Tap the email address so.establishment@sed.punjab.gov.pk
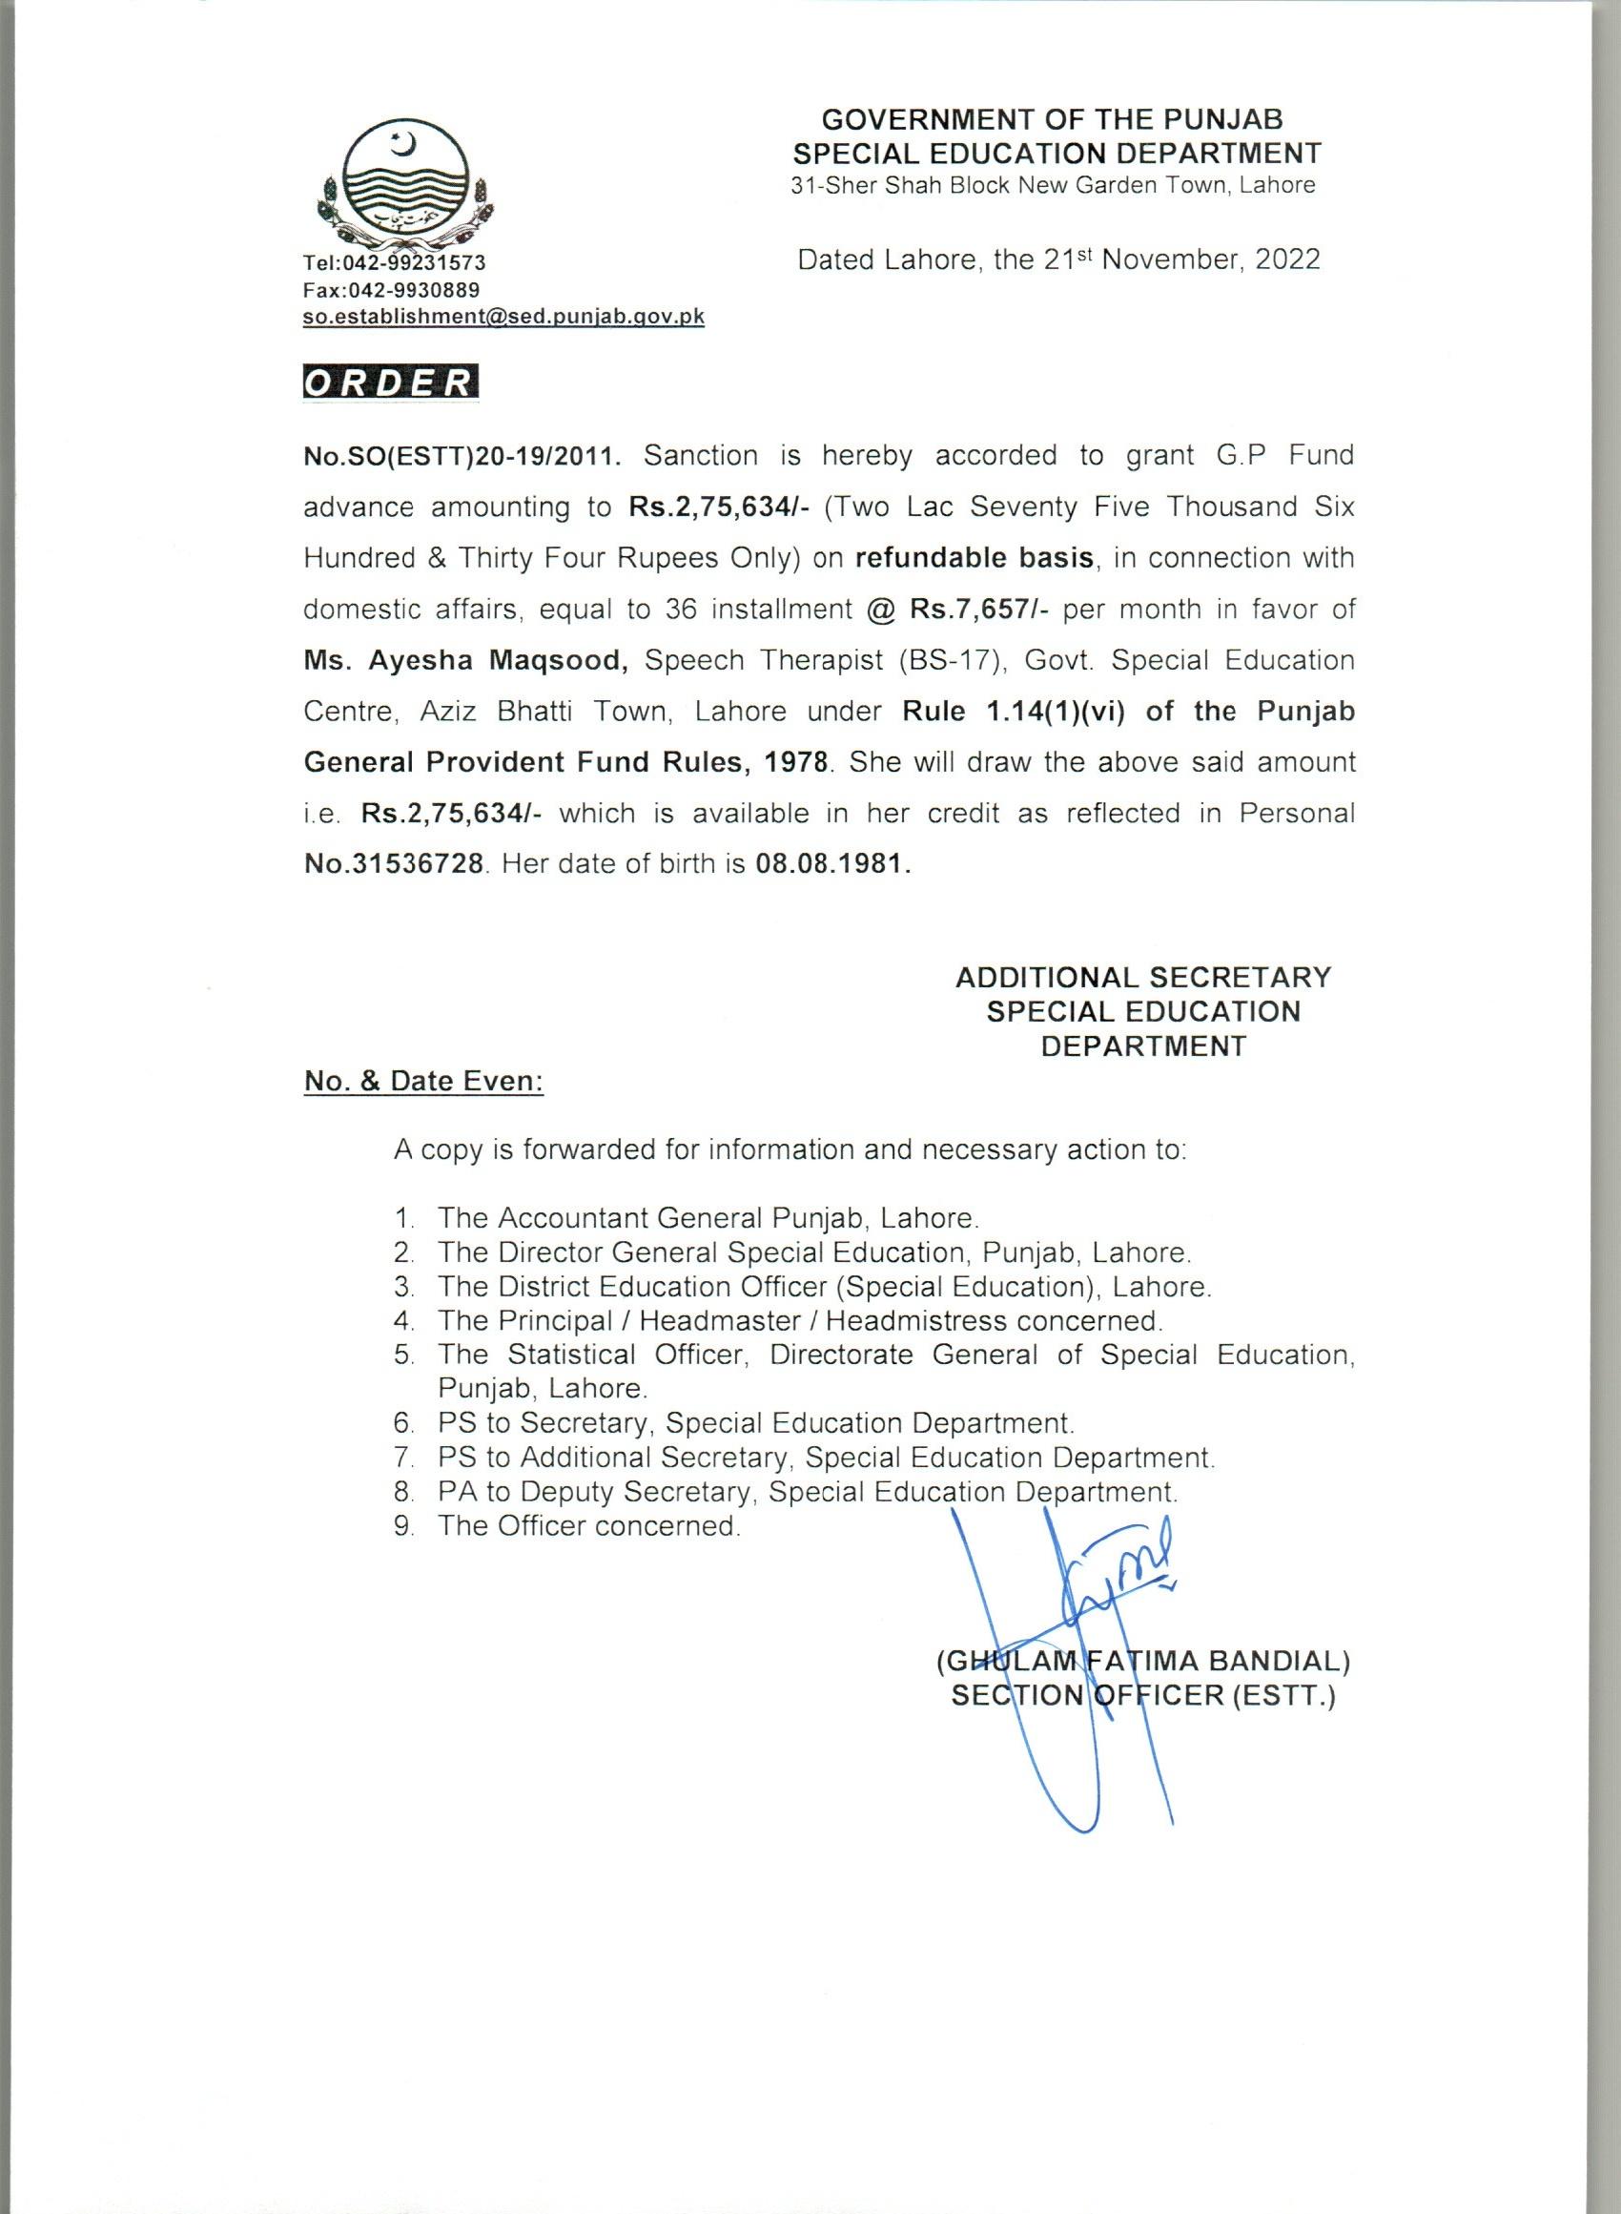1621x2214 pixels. tap(503, 317)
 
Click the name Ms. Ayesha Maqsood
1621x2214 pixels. tap(466, 660)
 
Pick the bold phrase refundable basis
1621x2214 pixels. tap(975, 558)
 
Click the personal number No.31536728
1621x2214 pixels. tap(394, 864)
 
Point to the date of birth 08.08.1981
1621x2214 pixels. tap(833, 864)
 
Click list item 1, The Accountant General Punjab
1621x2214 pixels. tap(708, 1218)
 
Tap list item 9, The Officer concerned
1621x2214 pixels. tap(588, 1525)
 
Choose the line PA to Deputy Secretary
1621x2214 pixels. tap(808, 1492)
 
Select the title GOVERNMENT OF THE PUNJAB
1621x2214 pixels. tap(1052, 120)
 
